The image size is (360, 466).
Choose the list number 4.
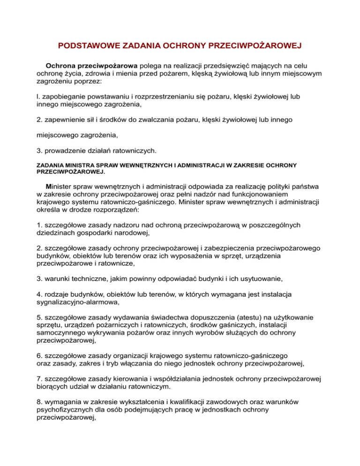click(x=38, y=294)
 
